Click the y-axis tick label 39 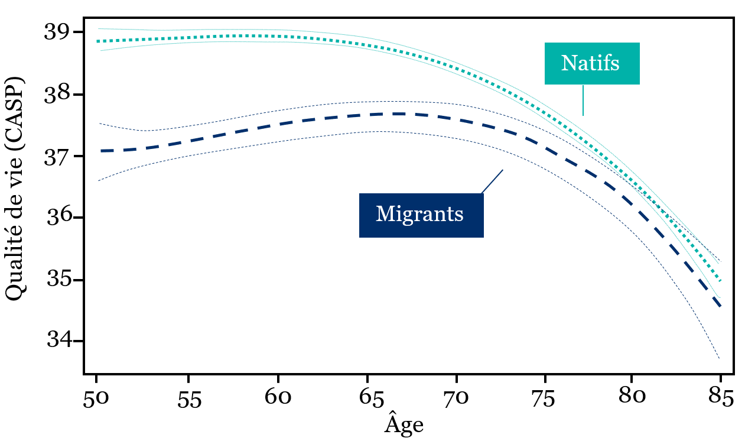tap(58, 33)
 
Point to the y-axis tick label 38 tap(58, 95)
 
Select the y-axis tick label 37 tap(58, 157)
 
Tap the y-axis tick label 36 tap(59, 218)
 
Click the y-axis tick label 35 tap(59, 280)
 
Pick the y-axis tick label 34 tap(59, 341)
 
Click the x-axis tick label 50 tap(96, 398)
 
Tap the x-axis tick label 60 tap(278, 397)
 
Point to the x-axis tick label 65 tap(372, 398)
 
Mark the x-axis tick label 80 tap(632, 397)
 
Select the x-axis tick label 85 tap(720, 397)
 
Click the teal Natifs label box tap(592, 64)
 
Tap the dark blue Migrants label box tap(421, 215)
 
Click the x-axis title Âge tap(404, 423)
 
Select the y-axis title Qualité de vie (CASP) tap(15, 189)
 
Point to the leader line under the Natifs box tap(583, 100)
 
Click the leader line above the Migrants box tap(492, 181)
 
